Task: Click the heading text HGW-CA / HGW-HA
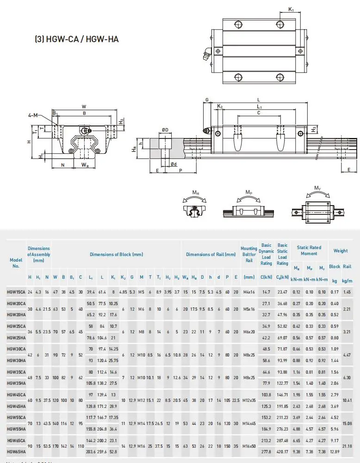[77, 39]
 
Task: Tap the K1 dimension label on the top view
[291, 9]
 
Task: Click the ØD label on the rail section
[165, 131]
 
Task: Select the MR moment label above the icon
[196, 192]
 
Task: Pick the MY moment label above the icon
[317, 188]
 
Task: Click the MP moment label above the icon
[249, 192]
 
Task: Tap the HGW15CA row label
[16, 292]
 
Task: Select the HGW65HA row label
[16, 451]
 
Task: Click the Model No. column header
[16, 263]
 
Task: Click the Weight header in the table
[341, 251]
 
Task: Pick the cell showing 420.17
[282, 451]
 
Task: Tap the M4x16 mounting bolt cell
[249, 292]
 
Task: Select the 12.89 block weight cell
[335, 451]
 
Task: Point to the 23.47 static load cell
[282, 292]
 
